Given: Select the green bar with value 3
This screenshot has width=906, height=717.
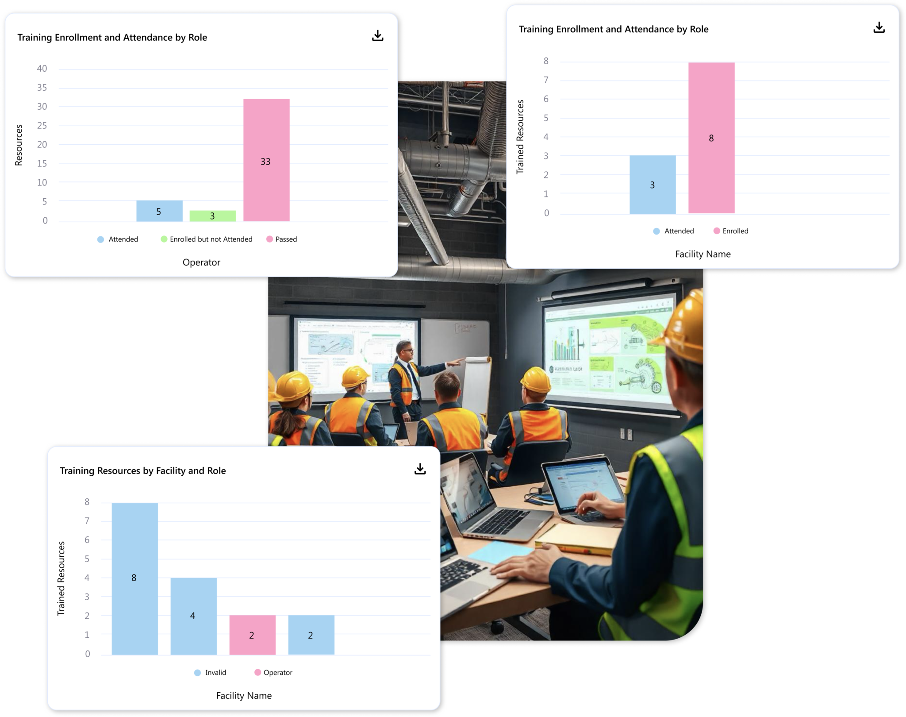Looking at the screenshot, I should (x=212, y=216).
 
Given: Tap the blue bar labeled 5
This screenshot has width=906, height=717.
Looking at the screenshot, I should (x=159, y=211).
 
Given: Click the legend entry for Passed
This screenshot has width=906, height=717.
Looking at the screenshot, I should (x=282, y=239).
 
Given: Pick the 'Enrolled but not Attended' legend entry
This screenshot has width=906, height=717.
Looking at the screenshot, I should (x=207, y=239).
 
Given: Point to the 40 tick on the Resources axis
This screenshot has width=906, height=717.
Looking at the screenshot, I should (x=42, y=69).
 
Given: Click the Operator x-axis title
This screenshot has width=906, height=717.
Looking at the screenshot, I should (x=201, y=262).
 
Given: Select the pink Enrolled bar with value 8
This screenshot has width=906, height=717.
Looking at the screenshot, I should (x=711, y=138).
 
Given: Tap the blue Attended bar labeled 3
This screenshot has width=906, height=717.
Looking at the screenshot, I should (x=653, y=185).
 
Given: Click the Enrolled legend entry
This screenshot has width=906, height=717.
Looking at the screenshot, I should (x=731, y=231).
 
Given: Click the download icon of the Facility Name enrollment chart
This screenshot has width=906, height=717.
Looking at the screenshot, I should (x=879, y=28).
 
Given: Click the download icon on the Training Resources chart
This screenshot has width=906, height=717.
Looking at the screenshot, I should (x=420, y=469).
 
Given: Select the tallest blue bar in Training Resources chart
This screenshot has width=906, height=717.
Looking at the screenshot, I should (x=134, y=578).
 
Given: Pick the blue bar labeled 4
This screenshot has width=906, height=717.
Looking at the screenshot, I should (x=193, y=616).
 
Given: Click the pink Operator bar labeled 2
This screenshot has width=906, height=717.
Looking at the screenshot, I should (x=252, y=635).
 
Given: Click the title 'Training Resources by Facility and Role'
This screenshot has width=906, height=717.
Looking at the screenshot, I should (x=143, y=471).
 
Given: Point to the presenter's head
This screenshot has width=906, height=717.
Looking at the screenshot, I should (x=405, y=350).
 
